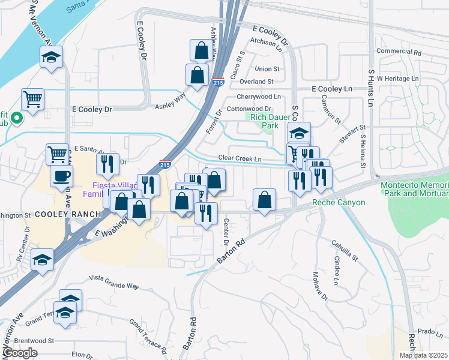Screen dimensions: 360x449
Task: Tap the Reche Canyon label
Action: [x=339, y=203]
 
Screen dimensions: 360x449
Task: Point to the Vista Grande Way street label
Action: [x=113, y=280]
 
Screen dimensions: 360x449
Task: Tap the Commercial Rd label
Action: [x=397, y=52]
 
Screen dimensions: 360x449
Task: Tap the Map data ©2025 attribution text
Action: [x=424, y=355]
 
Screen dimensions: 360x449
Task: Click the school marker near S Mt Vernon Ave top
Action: [x=52, y=58]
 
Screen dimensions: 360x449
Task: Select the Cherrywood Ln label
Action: [x=259, y=96]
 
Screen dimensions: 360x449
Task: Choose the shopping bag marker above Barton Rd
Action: [x=265, y=200]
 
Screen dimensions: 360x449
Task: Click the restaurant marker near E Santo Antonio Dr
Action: [x=107, y=164]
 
